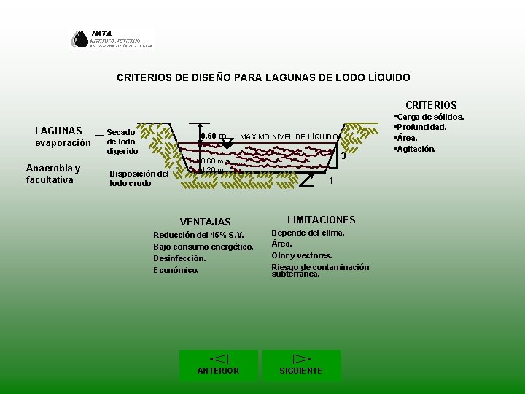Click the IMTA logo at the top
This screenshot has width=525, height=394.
tap(112, 39)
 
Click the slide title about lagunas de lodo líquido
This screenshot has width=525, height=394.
tap(263, 77)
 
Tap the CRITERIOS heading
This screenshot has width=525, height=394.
tap(431, 105)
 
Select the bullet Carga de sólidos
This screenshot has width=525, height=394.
tap(429, 117)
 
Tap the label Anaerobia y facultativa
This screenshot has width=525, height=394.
tap(52, 174)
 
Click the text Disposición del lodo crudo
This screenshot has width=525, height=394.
tap(139, 179)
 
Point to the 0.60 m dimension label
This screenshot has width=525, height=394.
tap(213, 136)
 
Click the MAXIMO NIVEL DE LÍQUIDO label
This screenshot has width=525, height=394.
tap(289, 137)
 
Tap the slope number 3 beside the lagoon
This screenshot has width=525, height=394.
tap(343, 156)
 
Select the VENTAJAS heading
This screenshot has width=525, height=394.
tap(205, 222)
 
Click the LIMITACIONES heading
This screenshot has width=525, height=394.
tap(321, 220)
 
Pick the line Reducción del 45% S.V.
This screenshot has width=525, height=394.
tap(198, 235)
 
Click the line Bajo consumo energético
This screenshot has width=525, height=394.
tap(203, 247)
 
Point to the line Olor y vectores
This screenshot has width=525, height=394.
tap(302, 255)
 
